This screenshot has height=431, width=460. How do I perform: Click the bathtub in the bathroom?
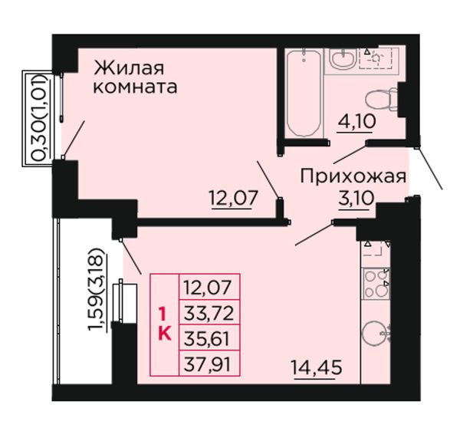point(304,94)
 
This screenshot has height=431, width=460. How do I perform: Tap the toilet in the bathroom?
point(381,100)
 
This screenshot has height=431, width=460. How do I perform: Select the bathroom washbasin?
point(343,59)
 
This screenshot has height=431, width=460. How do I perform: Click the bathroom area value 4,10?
point(356,121)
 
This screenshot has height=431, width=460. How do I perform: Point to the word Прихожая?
point(353,177)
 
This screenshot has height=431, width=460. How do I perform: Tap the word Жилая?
point(129,68)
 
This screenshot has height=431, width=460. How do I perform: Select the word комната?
point(135,87)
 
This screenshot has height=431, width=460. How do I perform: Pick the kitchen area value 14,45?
point(317,367)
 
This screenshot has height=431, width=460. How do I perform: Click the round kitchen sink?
point(375,334)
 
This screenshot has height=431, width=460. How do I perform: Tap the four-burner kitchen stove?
point(376,284)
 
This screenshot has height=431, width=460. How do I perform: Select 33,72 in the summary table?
point(209,313)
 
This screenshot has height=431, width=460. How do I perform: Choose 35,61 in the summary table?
point(206,339)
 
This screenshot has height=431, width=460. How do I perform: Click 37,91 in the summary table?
point(207,364)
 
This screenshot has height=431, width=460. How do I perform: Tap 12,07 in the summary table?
point(208,288)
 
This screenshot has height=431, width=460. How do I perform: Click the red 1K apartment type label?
point(165,324)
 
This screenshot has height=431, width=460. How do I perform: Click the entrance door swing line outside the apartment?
point(429,169)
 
